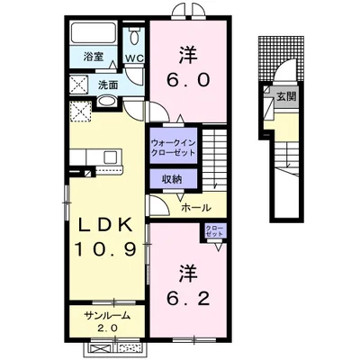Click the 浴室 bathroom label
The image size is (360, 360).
point(94,57)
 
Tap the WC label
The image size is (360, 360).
point(135,58)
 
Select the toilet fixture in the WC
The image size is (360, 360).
point(134,36)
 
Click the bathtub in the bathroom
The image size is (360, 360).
point(94,32)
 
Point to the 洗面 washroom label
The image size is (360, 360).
point(108,85)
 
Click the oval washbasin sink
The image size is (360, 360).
point(107,101)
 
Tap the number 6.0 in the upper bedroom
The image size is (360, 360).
point(188,80)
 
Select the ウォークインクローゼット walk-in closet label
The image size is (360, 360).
point(173,148)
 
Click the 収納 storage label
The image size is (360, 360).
point(172,179)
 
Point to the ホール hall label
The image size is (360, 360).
point(196,207)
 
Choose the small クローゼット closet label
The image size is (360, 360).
point(214,231)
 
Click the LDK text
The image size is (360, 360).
point(105,225)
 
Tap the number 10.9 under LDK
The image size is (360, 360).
point(106,249)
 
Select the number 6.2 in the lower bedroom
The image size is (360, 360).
point(188,299)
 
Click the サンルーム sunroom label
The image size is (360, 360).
point(107,315)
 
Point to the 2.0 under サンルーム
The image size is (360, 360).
point(107,328)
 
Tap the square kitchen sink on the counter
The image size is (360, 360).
point(111,157)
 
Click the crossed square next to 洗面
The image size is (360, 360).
point(79,85)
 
